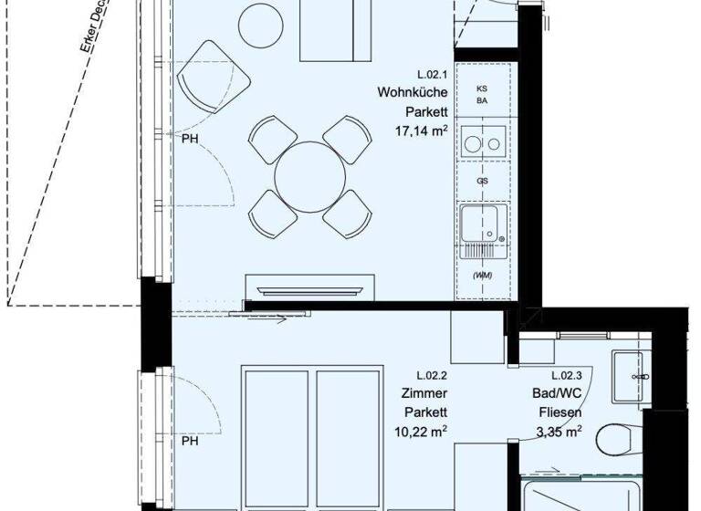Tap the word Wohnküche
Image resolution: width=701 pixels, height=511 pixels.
pos(413,93)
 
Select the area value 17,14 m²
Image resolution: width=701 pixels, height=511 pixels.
pos(420,130)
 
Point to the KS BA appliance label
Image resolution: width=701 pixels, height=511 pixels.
pos(481,95)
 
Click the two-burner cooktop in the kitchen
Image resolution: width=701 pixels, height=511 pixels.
pos(481,142)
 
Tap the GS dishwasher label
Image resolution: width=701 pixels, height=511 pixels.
pos(481,181)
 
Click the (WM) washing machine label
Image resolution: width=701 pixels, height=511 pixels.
pos(481,276)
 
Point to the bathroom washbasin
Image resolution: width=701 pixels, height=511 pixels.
pos(629,374)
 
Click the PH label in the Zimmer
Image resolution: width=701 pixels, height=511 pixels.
pos(190,441)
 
